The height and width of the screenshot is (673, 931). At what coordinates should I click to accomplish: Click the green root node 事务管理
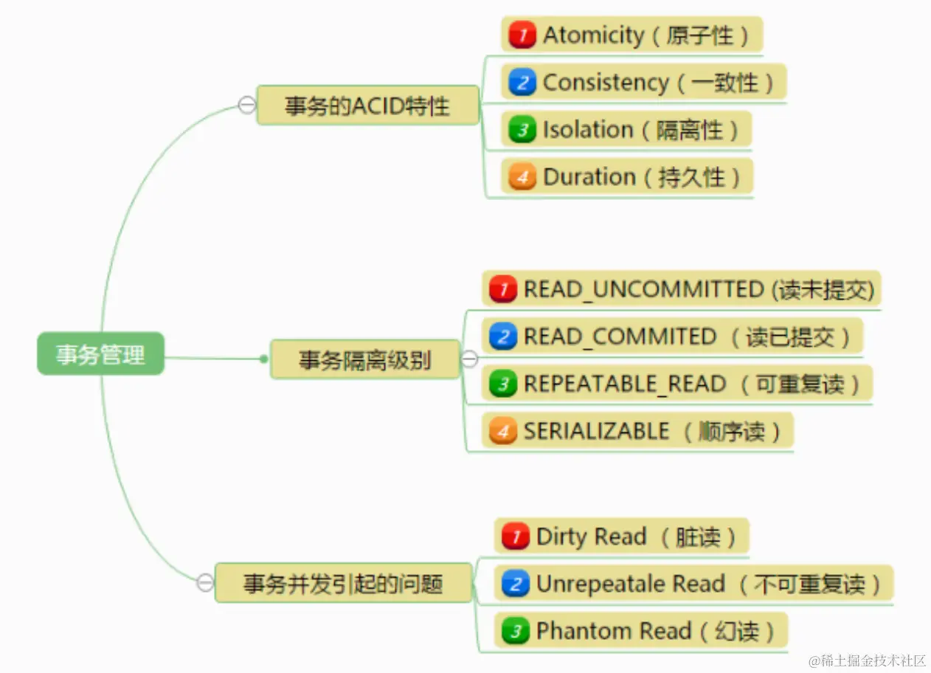[x=101, y=354]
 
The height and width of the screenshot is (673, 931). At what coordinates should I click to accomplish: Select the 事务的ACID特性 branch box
[x=367, y=106]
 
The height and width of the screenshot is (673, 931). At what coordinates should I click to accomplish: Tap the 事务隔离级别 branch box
[x=364, y=360]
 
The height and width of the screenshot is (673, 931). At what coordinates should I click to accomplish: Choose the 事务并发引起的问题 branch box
[x=343, y=584]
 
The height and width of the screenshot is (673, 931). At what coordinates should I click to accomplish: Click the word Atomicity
[x=593, y=35]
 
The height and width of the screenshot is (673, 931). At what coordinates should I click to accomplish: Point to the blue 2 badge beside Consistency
[x=522, y=83]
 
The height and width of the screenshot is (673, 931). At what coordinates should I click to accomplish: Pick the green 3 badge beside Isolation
[x=522, y=130]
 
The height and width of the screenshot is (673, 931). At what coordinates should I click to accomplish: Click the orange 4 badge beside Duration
[x=522, y=177]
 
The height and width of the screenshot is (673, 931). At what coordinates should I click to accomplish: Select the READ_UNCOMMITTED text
[x=643, y=289]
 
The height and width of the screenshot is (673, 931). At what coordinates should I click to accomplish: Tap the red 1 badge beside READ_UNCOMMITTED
[x=503, y=289]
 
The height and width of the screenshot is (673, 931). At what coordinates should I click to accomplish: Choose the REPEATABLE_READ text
[x=624, y=384]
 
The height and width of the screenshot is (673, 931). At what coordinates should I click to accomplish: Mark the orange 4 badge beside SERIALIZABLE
[x=503, y=431]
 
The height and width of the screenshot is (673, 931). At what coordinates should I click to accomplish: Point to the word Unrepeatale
[x=586, y=584]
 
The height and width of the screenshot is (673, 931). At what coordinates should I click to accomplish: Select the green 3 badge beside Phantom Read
[x=516, y=631]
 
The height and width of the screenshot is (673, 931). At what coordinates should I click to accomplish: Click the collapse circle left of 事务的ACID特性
[x=246, y=106]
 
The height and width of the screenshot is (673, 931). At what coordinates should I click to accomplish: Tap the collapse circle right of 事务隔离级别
[x=470, y=359]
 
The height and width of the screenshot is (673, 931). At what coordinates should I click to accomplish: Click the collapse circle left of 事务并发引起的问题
[x=205, y=583]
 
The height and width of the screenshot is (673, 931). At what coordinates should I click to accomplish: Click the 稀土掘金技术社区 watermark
[x=868, y=660]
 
